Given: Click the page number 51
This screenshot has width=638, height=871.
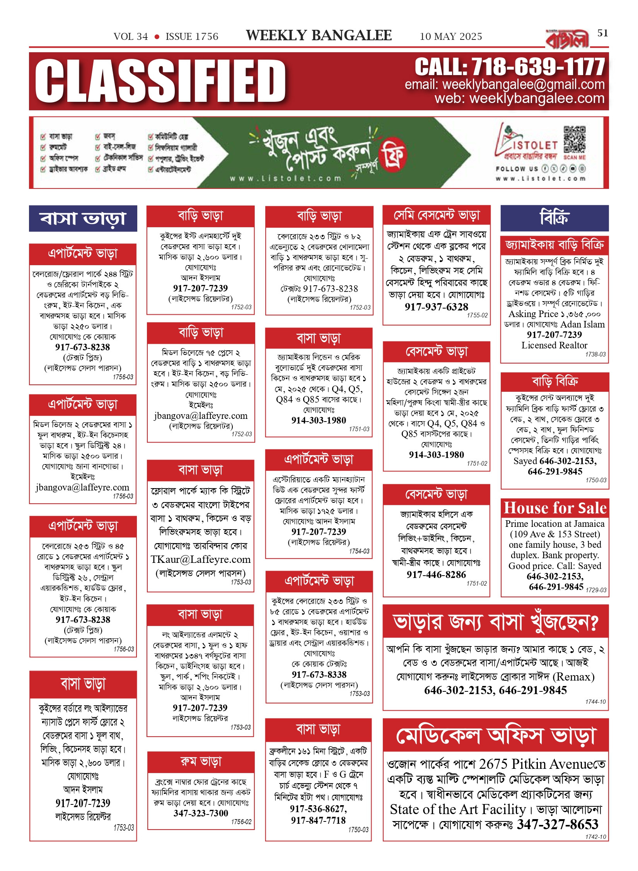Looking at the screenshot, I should point(602,33).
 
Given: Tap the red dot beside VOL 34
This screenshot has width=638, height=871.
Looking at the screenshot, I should point(157,37).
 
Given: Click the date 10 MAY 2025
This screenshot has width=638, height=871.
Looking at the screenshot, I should point(451,37).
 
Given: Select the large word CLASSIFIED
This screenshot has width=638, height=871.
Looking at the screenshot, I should point(160,82).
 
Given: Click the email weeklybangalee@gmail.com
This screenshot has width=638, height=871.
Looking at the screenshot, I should point(523,84).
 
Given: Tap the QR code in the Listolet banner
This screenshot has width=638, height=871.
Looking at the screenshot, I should point(574,139).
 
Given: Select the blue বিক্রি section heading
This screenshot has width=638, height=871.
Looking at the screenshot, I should point(554,218).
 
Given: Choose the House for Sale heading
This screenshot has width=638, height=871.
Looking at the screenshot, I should point(555,508).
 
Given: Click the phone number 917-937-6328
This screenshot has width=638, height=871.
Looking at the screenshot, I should point(436,307).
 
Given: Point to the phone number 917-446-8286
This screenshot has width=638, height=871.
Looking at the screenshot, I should point(436,574).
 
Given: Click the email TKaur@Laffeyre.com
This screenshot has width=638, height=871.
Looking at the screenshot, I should point(201,559).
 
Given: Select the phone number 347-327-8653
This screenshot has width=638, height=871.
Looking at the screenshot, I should point(558,824).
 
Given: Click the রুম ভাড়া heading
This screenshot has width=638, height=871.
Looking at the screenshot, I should point(201,762).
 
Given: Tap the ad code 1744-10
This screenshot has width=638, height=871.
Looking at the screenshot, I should point(595,701).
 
